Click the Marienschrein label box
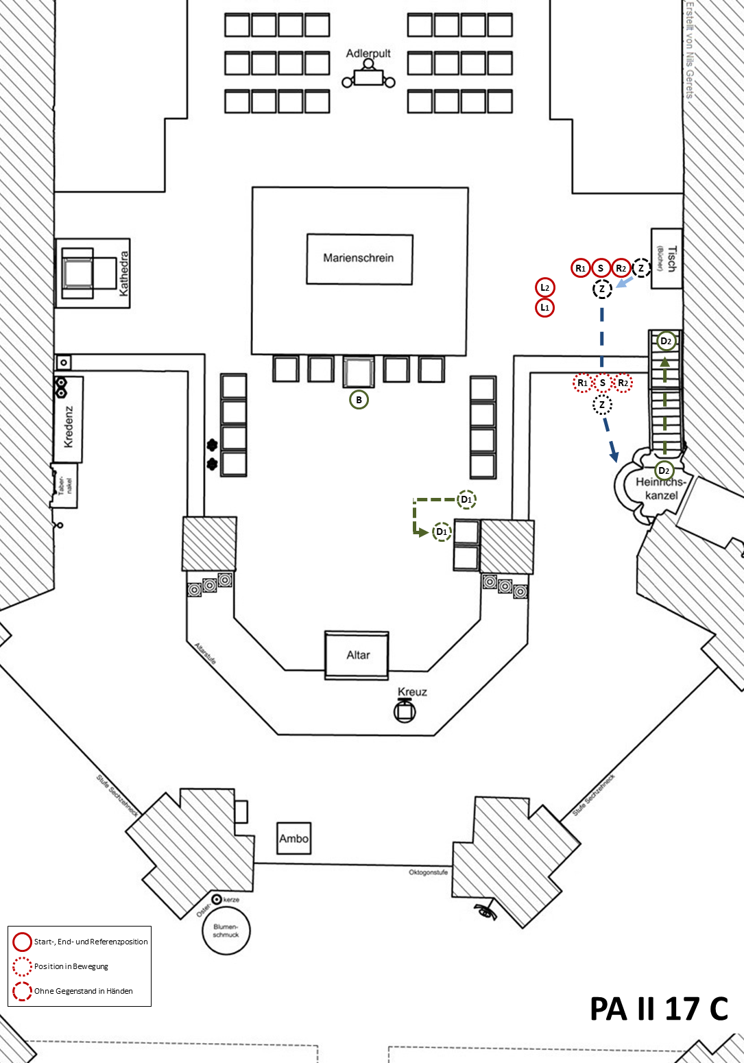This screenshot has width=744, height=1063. (359, 259)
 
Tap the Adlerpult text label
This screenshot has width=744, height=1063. (368, 53)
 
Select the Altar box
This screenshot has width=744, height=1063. (357, 655)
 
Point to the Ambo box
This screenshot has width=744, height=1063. (293, 838)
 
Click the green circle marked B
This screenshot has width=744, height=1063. (359, 400)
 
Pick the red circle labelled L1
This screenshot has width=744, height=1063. (544, 308)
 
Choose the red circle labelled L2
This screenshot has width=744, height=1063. (544, 287)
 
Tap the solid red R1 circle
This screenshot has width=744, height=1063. (581, 268)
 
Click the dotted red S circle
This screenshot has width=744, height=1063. (602, 383)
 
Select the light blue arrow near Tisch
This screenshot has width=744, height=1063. (624, 282)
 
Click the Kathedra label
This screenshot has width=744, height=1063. (124, 273)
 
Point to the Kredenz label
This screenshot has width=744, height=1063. (68, 427)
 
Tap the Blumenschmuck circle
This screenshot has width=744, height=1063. (226, 931)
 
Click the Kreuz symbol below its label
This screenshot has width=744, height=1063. (405, 711)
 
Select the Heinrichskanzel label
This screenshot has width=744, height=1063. (660, 488)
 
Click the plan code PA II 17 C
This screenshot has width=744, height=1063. (658, 1009)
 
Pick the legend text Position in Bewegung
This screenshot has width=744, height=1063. (71, 966)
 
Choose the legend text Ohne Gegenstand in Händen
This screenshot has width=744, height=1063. (84, 991)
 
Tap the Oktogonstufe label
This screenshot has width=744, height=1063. (428, 872)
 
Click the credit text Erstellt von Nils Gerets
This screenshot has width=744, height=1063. (690, 49)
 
